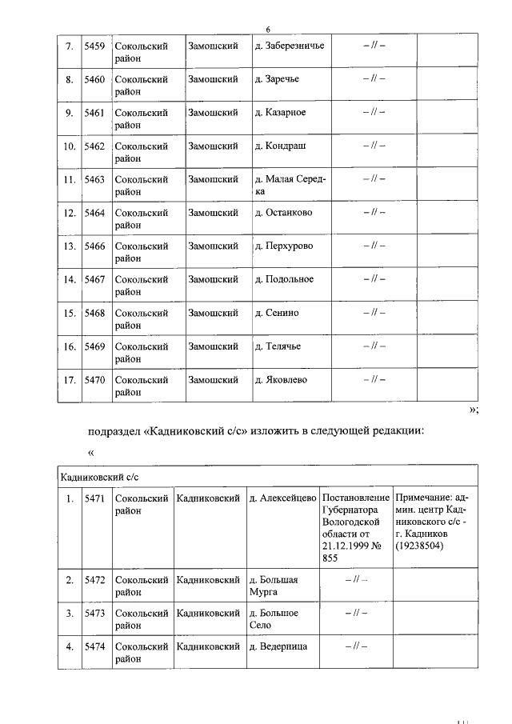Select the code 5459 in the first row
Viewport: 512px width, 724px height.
(94, 46)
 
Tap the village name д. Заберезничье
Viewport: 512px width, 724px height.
(289, 46)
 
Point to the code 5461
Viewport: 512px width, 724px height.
(94, 113)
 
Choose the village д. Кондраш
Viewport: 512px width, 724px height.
(280, 146)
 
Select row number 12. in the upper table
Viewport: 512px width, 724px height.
(69, 213)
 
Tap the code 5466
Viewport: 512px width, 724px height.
(94, 246)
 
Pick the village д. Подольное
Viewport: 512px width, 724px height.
(284, 279)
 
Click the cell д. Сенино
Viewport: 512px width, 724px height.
(276, 313)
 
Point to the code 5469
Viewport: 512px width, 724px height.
(94, 346)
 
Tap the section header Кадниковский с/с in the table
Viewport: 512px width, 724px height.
(94, 476)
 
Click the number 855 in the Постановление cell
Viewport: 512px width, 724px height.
(330, 560)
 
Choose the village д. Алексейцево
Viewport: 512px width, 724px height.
(282, 499)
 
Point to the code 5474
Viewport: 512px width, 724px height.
(94, 646)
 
